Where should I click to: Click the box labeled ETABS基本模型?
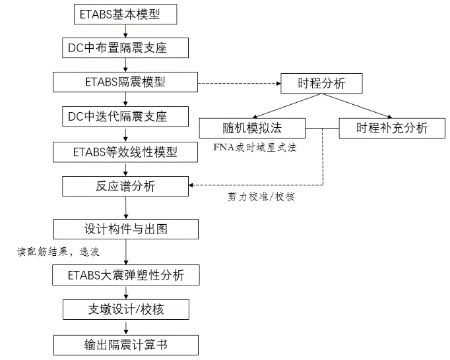coord(121,13)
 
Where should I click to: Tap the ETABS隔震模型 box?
coord(125,82)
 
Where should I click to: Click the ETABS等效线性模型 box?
coord(125,152)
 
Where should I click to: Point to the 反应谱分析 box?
coord(125,186)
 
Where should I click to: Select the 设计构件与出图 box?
coord(125,229)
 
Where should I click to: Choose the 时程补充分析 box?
coord(391,128)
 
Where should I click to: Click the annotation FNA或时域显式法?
coord(254,146)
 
